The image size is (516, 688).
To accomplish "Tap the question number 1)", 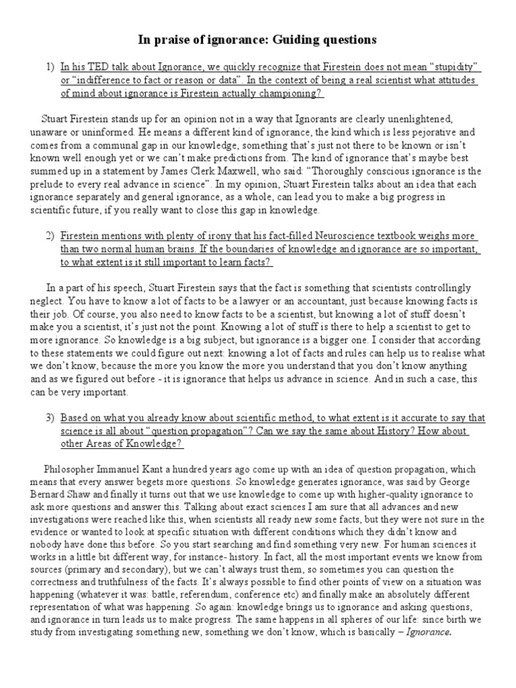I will [x=50, y=68].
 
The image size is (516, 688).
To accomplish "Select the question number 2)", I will [x=50, y=237].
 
